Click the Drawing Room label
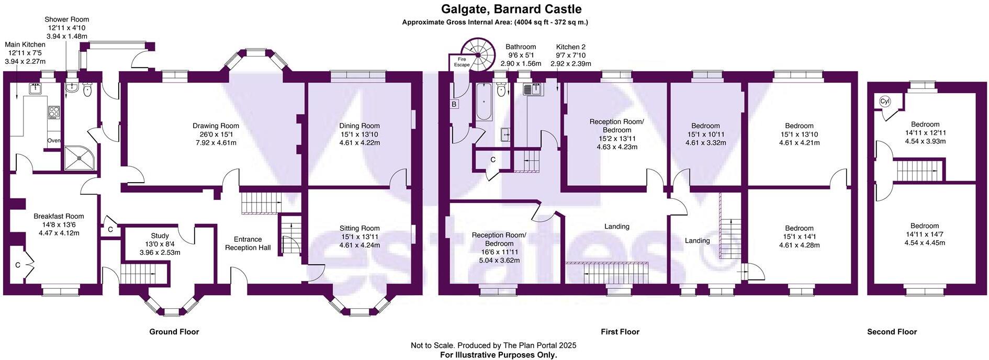[x=216, y=126]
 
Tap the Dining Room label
[x=359, y=126]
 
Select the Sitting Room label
[x=359, y=228]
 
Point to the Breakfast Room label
[x=59, y=216]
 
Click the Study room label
[x=160, y=236]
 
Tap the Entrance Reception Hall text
[x=248, y=243]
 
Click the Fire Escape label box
[x=462, y=62]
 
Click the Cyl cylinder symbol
[x=885, y=102]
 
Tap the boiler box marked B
[x=454, y=104]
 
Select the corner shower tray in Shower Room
[x=80, y=157]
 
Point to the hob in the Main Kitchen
[x=54, y=112]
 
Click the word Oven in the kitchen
[x=54, y=141]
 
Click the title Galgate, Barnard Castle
[x=511, y=9]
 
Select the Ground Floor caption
[x=174, y=332]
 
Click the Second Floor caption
[x=892, y=332]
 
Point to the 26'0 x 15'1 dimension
[x=216, y=134]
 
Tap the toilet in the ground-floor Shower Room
[x=87, y=92]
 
